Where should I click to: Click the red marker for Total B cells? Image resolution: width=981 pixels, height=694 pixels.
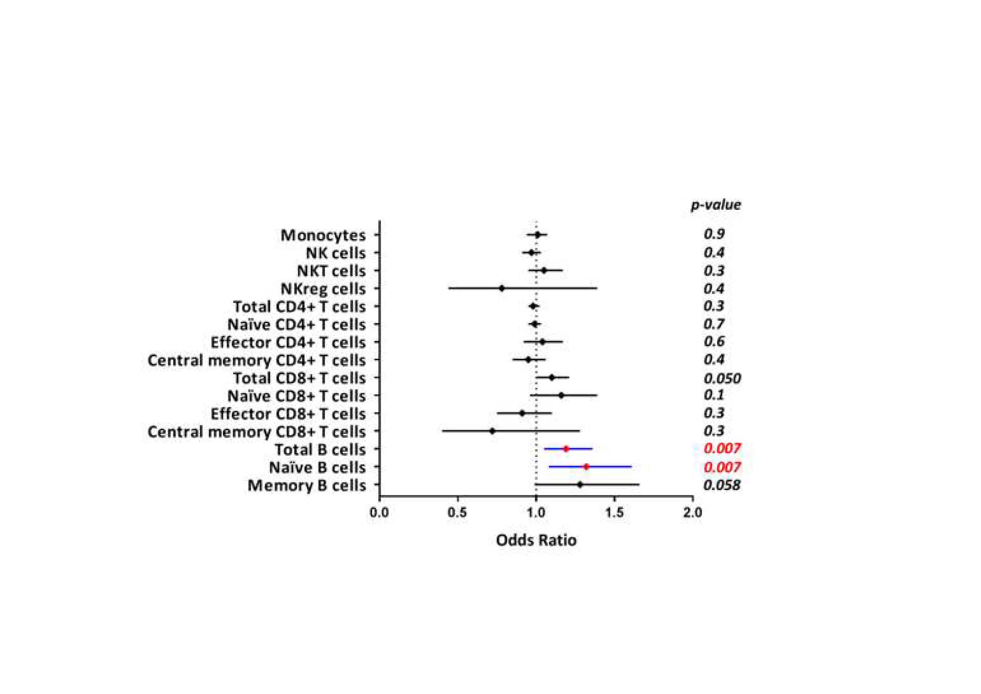566,449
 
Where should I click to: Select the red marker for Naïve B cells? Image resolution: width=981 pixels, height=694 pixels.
586,467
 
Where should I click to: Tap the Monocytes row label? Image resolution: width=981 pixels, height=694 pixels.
323,235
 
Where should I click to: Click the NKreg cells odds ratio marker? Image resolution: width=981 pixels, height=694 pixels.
502,288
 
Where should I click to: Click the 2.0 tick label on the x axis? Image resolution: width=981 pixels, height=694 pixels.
692,512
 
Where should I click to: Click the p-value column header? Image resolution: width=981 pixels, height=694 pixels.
716,205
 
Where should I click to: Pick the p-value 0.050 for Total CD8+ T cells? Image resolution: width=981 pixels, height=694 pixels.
722,378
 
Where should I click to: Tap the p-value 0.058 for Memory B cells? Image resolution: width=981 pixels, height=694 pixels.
722,485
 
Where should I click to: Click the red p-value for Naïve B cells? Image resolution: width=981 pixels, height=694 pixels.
722,467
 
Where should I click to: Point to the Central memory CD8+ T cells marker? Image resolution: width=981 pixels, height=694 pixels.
492,431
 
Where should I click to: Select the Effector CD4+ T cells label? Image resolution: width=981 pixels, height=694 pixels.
288,343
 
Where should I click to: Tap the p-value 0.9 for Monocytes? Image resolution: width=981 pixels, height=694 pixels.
714,234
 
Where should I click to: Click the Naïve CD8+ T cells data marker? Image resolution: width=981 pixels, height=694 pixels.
561,395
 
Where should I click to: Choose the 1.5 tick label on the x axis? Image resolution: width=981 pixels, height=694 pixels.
614,512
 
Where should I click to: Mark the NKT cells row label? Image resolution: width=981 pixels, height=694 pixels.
331,271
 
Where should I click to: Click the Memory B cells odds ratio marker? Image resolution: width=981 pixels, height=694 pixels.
580,485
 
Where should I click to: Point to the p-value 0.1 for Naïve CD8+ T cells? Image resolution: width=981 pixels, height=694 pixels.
714,395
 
